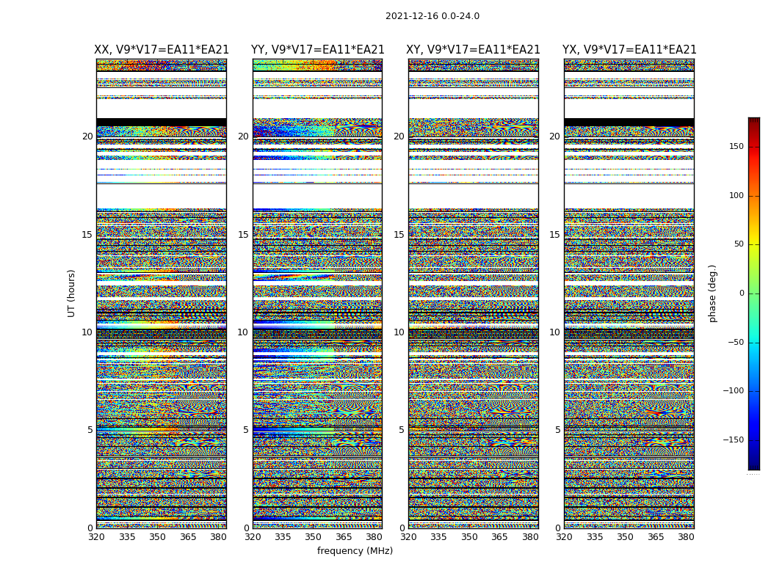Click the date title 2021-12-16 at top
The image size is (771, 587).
coord(432,16)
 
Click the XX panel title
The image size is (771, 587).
coord(162,50)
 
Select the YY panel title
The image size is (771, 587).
coord(317,50)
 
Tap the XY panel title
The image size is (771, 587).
coord(473,50)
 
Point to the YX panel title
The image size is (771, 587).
coord(629,50)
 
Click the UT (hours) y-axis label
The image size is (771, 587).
coord(72,293)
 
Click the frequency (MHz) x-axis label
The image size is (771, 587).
coord(355,551)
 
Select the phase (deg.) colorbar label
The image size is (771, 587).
coord(713,293)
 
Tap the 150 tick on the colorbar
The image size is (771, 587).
coord(735,147)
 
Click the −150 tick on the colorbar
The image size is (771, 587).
coord(733,440)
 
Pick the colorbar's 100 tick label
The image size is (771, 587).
coord(735,196)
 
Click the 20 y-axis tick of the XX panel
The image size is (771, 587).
coord(87,136)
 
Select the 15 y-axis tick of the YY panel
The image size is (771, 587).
coord(243,235)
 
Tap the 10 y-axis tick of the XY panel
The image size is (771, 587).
coord(399,332)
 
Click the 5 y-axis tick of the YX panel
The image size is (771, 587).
coord(557,430)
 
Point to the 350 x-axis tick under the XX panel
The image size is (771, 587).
coord(157,537)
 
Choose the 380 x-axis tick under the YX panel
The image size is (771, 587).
coord(686,537)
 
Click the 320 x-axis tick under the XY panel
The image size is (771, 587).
coord(408,537)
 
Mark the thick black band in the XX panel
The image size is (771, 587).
coord(162,122)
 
